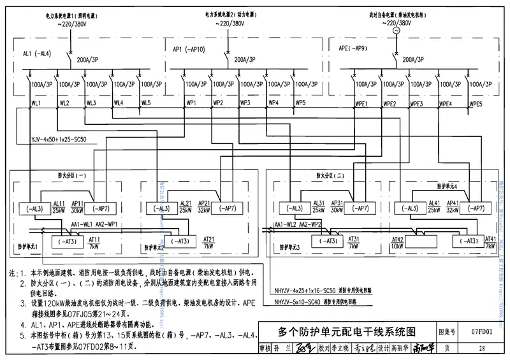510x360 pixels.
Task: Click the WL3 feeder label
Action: pyautogui.click(x=91, y=103)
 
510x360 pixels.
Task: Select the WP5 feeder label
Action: pyautogui.click(x=300, y=103)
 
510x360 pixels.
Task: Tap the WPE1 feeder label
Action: pyautogui.click(x=361, y=104)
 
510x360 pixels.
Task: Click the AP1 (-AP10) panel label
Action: pyautogui.click(x=189, y=48)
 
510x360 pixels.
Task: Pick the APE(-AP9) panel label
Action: pyautogui.click(x=353, y=48)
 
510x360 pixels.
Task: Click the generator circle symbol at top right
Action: pyautogui.click(x=395, y=31)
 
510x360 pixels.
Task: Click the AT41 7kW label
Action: pyautogui.click(x=490, y=241)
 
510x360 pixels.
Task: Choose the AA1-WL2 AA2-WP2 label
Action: pyautogui.click(x=297, y=224)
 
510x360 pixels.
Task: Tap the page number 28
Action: pyautogui.click(x=481, y=349)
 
